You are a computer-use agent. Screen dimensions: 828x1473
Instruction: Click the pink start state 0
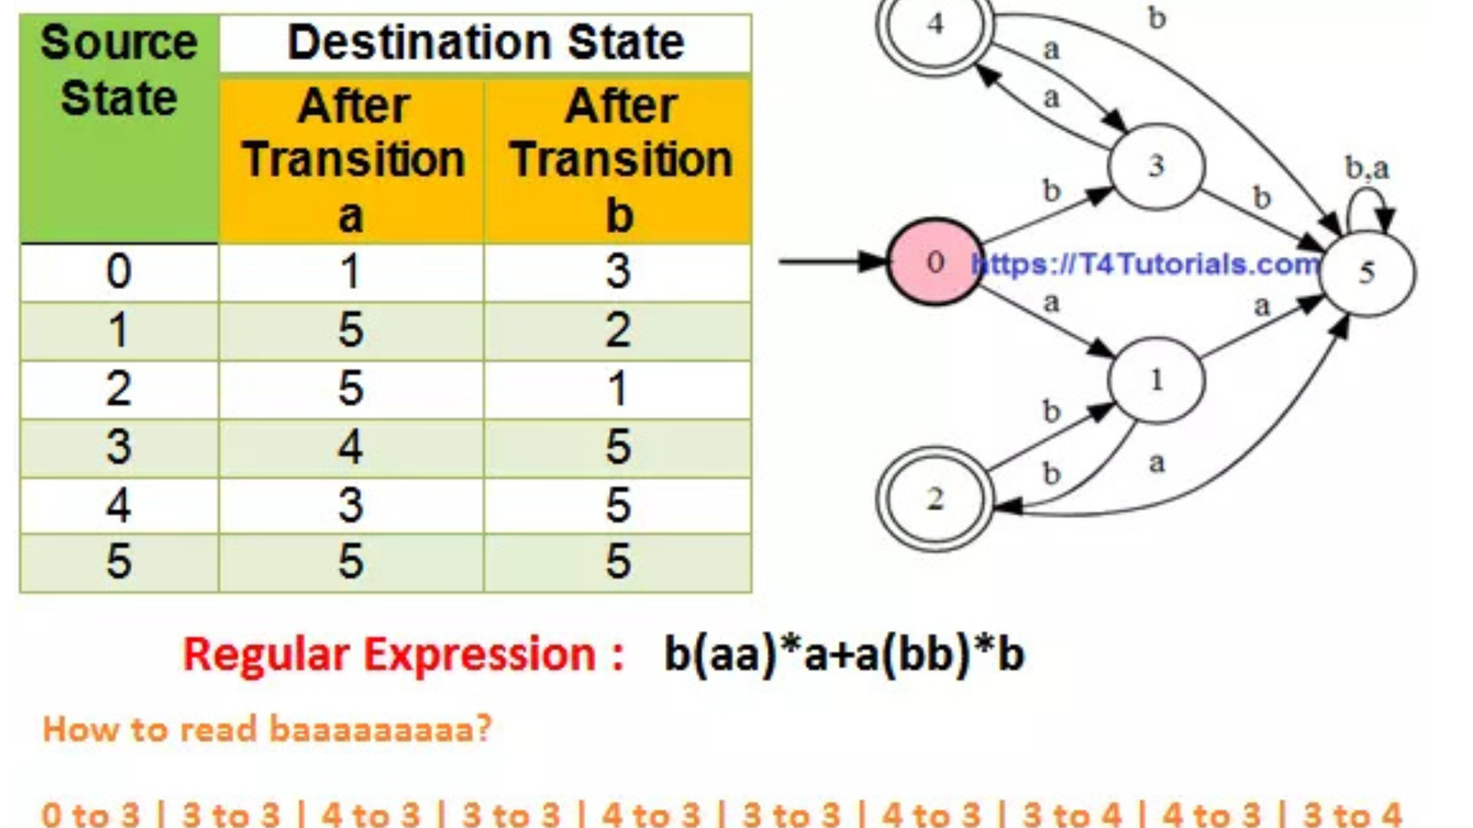934,262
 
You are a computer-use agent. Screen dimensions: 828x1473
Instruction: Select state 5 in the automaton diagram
1367,272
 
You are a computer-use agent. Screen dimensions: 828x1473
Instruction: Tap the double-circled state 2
934,499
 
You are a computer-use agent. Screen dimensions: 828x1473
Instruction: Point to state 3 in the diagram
1156,167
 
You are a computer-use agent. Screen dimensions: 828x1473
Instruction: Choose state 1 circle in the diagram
1156,380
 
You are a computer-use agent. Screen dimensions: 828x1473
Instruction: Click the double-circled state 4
934,24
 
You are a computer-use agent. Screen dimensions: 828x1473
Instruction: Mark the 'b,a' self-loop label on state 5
1367,168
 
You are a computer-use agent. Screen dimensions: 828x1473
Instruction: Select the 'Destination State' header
485,43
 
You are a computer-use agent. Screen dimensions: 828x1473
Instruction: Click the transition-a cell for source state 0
351,272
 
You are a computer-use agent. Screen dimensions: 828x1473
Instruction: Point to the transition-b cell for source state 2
618,389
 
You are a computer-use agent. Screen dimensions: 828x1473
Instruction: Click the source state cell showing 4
119,506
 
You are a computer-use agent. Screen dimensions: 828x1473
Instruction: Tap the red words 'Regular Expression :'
403,655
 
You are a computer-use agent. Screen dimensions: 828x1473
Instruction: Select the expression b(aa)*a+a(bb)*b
844,655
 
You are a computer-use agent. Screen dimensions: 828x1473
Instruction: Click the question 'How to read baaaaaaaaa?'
267,730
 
